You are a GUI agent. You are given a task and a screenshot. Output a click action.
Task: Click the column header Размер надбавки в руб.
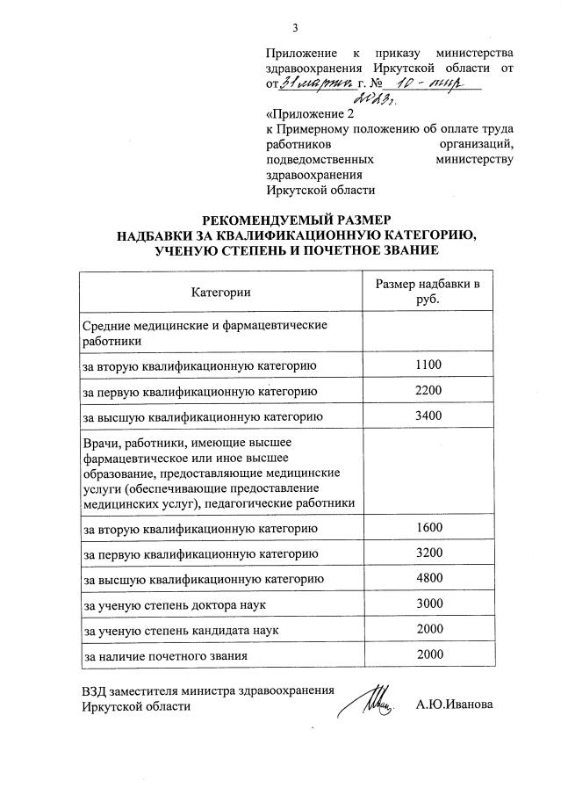[x=428, y=292]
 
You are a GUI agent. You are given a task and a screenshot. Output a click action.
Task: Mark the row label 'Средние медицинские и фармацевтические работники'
[x=204, y=333]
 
